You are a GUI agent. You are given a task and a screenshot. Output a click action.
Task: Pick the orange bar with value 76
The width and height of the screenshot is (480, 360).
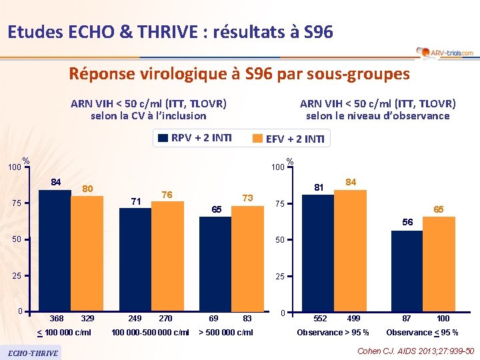coord(167,257)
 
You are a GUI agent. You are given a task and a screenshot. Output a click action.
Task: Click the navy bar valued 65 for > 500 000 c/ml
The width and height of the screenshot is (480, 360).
coord(215,265)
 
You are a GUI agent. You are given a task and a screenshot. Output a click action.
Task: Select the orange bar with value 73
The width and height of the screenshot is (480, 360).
coord(247,259)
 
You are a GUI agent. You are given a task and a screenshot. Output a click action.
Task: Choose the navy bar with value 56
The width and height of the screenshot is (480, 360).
coord(407,271)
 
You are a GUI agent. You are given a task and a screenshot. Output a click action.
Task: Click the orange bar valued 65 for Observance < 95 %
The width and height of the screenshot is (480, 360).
coord(439,265)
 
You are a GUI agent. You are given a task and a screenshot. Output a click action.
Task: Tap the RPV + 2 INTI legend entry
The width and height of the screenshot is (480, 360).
coord(195,139)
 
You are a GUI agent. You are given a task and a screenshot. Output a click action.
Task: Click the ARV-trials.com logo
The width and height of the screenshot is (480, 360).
coord(445,52)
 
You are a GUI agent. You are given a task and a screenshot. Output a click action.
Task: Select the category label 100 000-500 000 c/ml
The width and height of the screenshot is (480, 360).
coord(150,332)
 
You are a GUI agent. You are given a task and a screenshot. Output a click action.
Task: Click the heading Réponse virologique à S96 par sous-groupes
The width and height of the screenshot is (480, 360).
coord(239,74)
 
